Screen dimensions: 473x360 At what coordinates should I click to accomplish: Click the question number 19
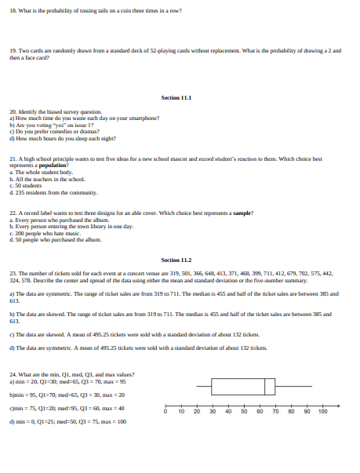(x=13, y=50)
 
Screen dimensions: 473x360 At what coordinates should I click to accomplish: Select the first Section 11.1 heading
(x=176, y=97)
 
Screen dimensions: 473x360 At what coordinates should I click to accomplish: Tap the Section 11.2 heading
(x=176, y=259)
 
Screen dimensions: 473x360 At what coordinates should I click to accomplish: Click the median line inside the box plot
(x=264, y=386)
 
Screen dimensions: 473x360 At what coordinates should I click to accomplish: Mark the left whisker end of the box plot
(x=197, y=386)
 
